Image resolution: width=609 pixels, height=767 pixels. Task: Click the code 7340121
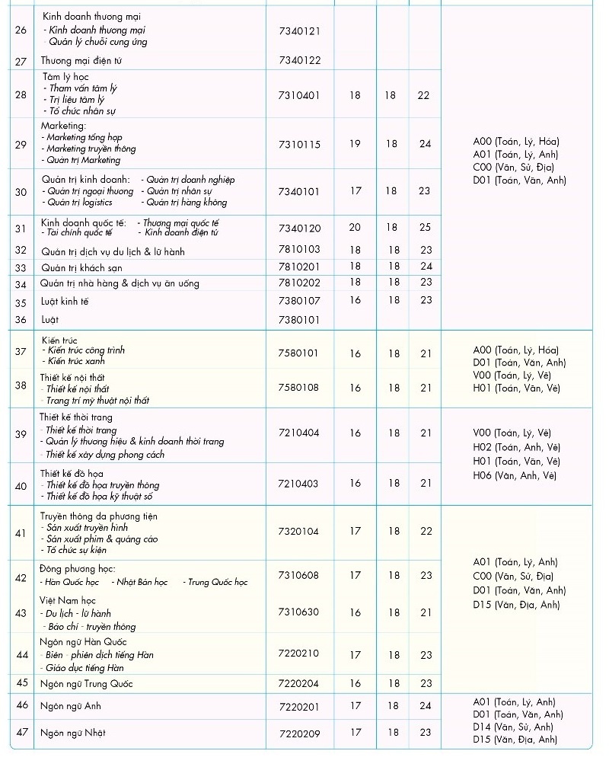tap(300, 31)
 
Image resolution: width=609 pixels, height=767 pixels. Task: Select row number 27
tap(21, 61)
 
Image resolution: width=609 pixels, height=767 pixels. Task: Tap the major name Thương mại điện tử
tap(81, 61)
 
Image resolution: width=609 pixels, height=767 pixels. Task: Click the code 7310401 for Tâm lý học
tap(300, 95)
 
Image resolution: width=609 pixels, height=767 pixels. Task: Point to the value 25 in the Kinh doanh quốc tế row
tap(425, 228)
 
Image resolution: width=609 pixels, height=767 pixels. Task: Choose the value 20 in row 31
tap(356, 228)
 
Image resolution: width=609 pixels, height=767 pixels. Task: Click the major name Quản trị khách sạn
tap(81, 268)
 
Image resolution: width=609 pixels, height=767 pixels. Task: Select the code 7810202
tap(300, 283)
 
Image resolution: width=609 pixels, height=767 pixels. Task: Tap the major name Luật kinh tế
tap(65, 302)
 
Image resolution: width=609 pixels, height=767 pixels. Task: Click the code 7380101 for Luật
tap(300, 320)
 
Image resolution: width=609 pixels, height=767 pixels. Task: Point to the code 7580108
tap(300, 388)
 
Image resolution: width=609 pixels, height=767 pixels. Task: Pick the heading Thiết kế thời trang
tap(76, 417)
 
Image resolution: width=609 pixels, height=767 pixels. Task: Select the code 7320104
tap(300, 532)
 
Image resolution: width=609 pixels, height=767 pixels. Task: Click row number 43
tap(21, 613)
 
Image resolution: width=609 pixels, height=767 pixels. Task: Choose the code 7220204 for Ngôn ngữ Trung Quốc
tap(300, 684)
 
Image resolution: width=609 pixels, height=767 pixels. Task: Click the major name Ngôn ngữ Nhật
tap(73, 733)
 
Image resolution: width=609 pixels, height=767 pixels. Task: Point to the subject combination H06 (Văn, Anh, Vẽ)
tap(515, 476)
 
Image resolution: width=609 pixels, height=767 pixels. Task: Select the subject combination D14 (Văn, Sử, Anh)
tap(518, 727)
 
